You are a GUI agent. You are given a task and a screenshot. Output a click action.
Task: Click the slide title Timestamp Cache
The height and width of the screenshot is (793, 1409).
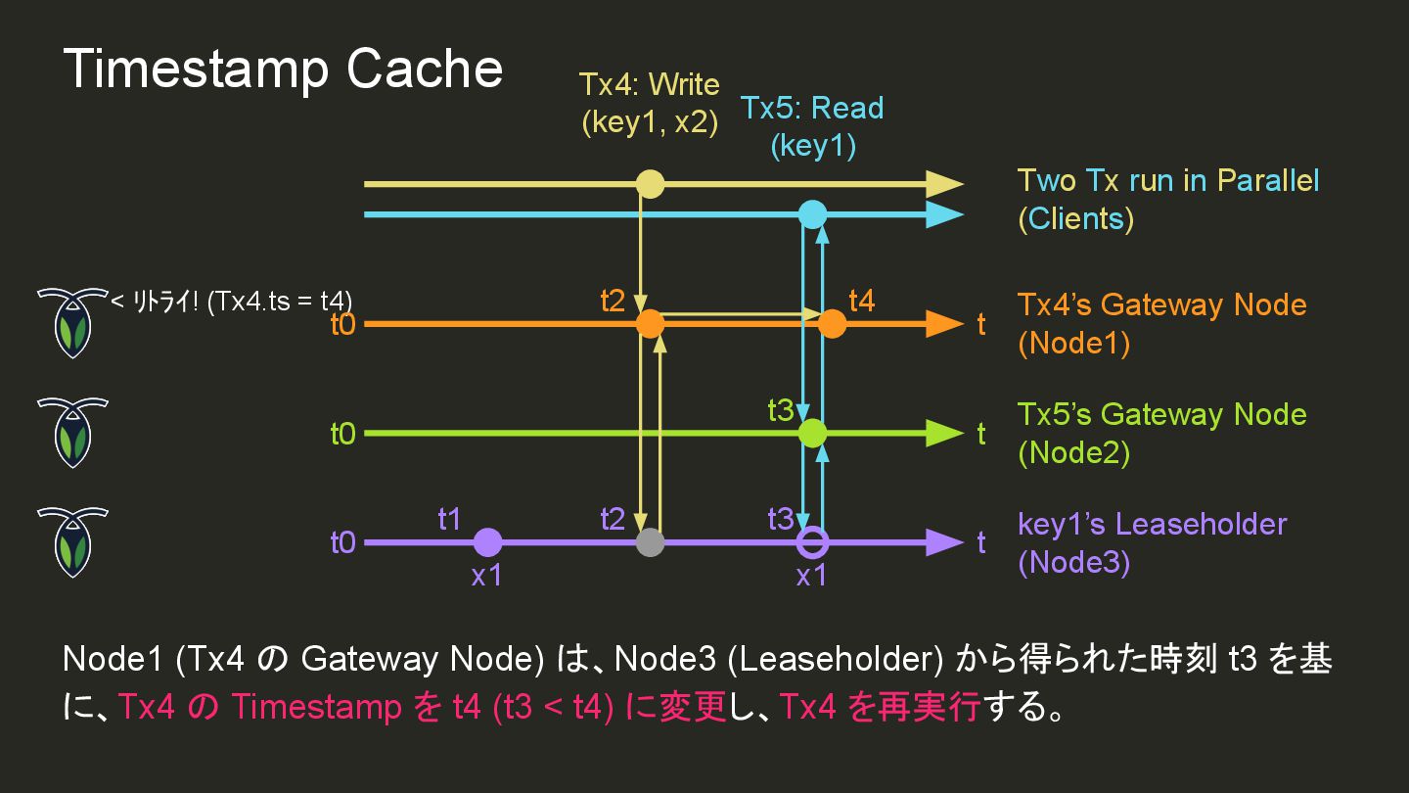[x=283, y=70]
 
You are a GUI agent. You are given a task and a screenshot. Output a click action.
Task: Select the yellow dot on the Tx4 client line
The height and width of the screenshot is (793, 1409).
[x=650, y=184]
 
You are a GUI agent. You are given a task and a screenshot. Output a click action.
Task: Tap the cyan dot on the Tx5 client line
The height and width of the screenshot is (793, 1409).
[x=812, y=213]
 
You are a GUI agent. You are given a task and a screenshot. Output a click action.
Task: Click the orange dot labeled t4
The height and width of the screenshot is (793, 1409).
[x=832, y=323]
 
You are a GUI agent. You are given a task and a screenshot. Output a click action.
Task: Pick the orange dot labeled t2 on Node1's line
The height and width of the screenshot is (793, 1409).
[x=650, y=323]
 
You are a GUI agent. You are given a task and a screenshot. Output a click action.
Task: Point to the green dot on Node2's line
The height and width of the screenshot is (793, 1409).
[x=812, y=433]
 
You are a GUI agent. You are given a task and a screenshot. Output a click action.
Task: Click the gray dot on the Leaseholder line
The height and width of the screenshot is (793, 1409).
[x=650, y=542]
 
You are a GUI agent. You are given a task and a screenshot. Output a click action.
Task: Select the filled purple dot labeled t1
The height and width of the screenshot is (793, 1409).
[x=487, y=542]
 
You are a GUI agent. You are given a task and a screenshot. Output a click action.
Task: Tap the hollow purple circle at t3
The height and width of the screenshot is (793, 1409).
[x=812, y=542]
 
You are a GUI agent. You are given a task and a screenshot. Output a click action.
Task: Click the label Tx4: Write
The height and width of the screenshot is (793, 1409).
[x=649, y=85]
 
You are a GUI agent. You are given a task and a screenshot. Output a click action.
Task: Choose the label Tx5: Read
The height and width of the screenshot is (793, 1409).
[x=812, y=108]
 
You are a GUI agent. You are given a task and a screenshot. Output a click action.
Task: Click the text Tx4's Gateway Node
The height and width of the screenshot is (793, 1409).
[x=1161, y=304]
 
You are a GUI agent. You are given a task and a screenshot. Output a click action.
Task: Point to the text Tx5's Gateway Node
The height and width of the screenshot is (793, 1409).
[x=1161, y=414]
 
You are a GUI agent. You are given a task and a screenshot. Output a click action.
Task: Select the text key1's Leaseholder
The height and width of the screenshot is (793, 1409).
[x=1152, y=524]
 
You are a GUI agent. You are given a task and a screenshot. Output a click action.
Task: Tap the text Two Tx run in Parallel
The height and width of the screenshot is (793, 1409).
[x=1168, y=181]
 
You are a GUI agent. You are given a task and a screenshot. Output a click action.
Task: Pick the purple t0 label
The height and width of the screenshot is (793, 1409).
[x=342, y=542]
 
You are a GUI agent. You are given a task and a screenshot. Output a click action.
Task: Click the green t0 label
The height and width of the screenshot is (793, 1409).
[x=342, y=433]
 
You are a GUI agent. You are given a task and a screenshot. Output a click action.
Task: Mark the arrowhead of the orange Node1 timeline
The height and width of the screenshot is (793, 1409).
[x=944, y=323]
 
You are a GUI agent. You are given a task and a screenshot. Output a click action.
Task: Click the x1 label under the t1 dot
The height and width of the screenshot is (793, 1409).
[x=486, y=576]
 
